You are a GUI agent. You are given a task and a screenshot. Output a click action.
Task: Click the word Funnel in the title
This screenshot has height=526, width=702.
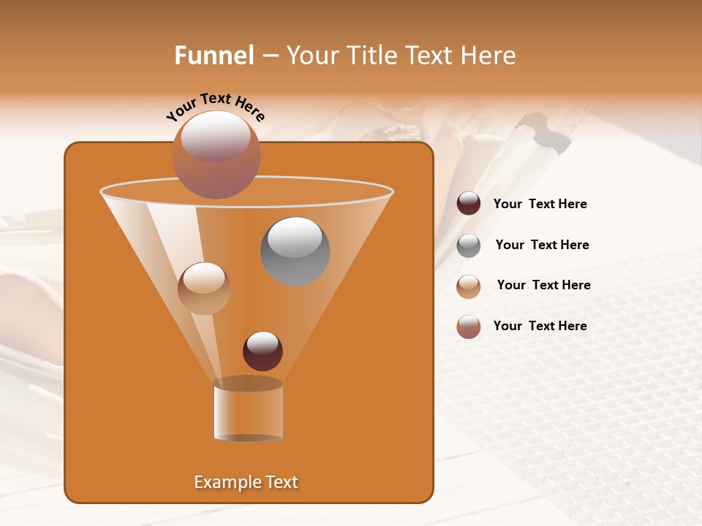click(x=214, y=56)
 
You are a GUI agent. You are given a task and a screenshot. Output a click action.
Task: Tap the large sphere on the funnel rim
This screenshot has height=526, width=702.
click(x=216, y=155)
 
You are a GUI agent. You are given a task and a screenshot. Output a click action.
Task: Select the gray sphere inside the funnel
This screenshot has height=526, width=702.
click(x=295, y=251)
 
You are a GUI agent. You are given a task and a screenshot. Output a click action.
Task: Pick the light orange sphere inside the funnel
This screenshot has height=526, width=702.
click(x=204, y=289)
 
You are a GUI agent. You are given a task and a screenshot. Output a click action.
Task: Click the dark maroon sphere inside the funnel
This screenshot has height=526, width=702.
click(x=263, y=351)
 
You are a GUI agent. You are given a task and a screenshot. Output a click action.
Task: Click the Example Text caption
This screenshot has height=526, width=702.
click(x=246, y=482)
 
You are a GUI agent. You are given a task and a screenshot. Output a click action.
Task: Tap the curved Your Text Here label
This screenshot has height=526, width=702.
click(x=216, y=107)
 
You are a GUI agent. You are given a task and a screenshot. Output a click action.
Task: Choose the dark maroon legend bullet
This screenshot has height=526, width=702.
click(x=469, y=204)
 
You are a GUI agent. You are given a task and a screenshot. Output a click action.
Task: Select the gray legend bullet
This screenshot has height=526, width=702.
click(x=469, y=245)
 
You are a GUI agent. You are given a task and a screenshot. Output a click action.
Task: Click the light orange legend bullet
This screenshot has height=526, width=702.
click(x=469, y=286)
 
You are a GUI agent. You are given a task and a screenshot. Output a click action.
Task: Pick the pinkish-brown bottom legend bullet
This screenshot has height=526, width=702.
click(x=469, y=327)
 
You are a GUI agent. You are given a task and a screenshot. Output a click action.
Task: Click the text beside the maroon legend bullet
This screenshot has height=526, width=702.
click(x=540, y=205)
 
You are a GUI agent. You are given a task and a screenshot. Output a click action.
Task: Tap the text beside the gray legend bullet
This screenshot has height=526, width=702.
click(x=542, y=245)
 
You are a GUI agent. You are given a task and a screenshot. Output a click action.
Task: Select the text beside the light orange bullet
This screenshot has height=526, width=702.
click(x=543, y=286)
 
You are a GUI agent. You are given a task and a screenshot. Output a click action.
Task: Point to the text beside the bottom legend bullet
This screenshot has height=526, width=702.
click(x=540, y=327)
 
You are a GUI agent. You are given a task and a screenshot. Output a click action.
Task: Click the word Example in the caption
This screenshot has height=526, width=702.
click(x=227, y=482)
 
